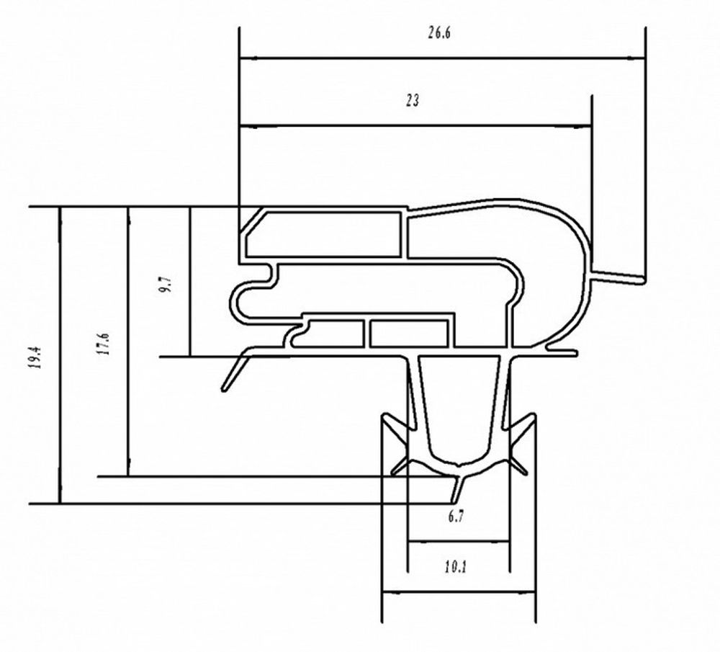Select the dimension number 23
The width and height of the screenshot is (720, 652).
(412, 101)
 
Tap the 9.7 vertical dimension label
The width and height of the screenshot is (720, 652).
(166, 283)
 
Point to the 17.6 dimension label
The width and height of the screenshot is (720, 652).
(104, 344)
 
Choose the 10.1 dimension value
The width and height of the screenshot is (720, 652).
(456, 568)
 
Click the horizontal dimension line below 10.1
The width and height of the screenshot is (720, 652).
(458, 593)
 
